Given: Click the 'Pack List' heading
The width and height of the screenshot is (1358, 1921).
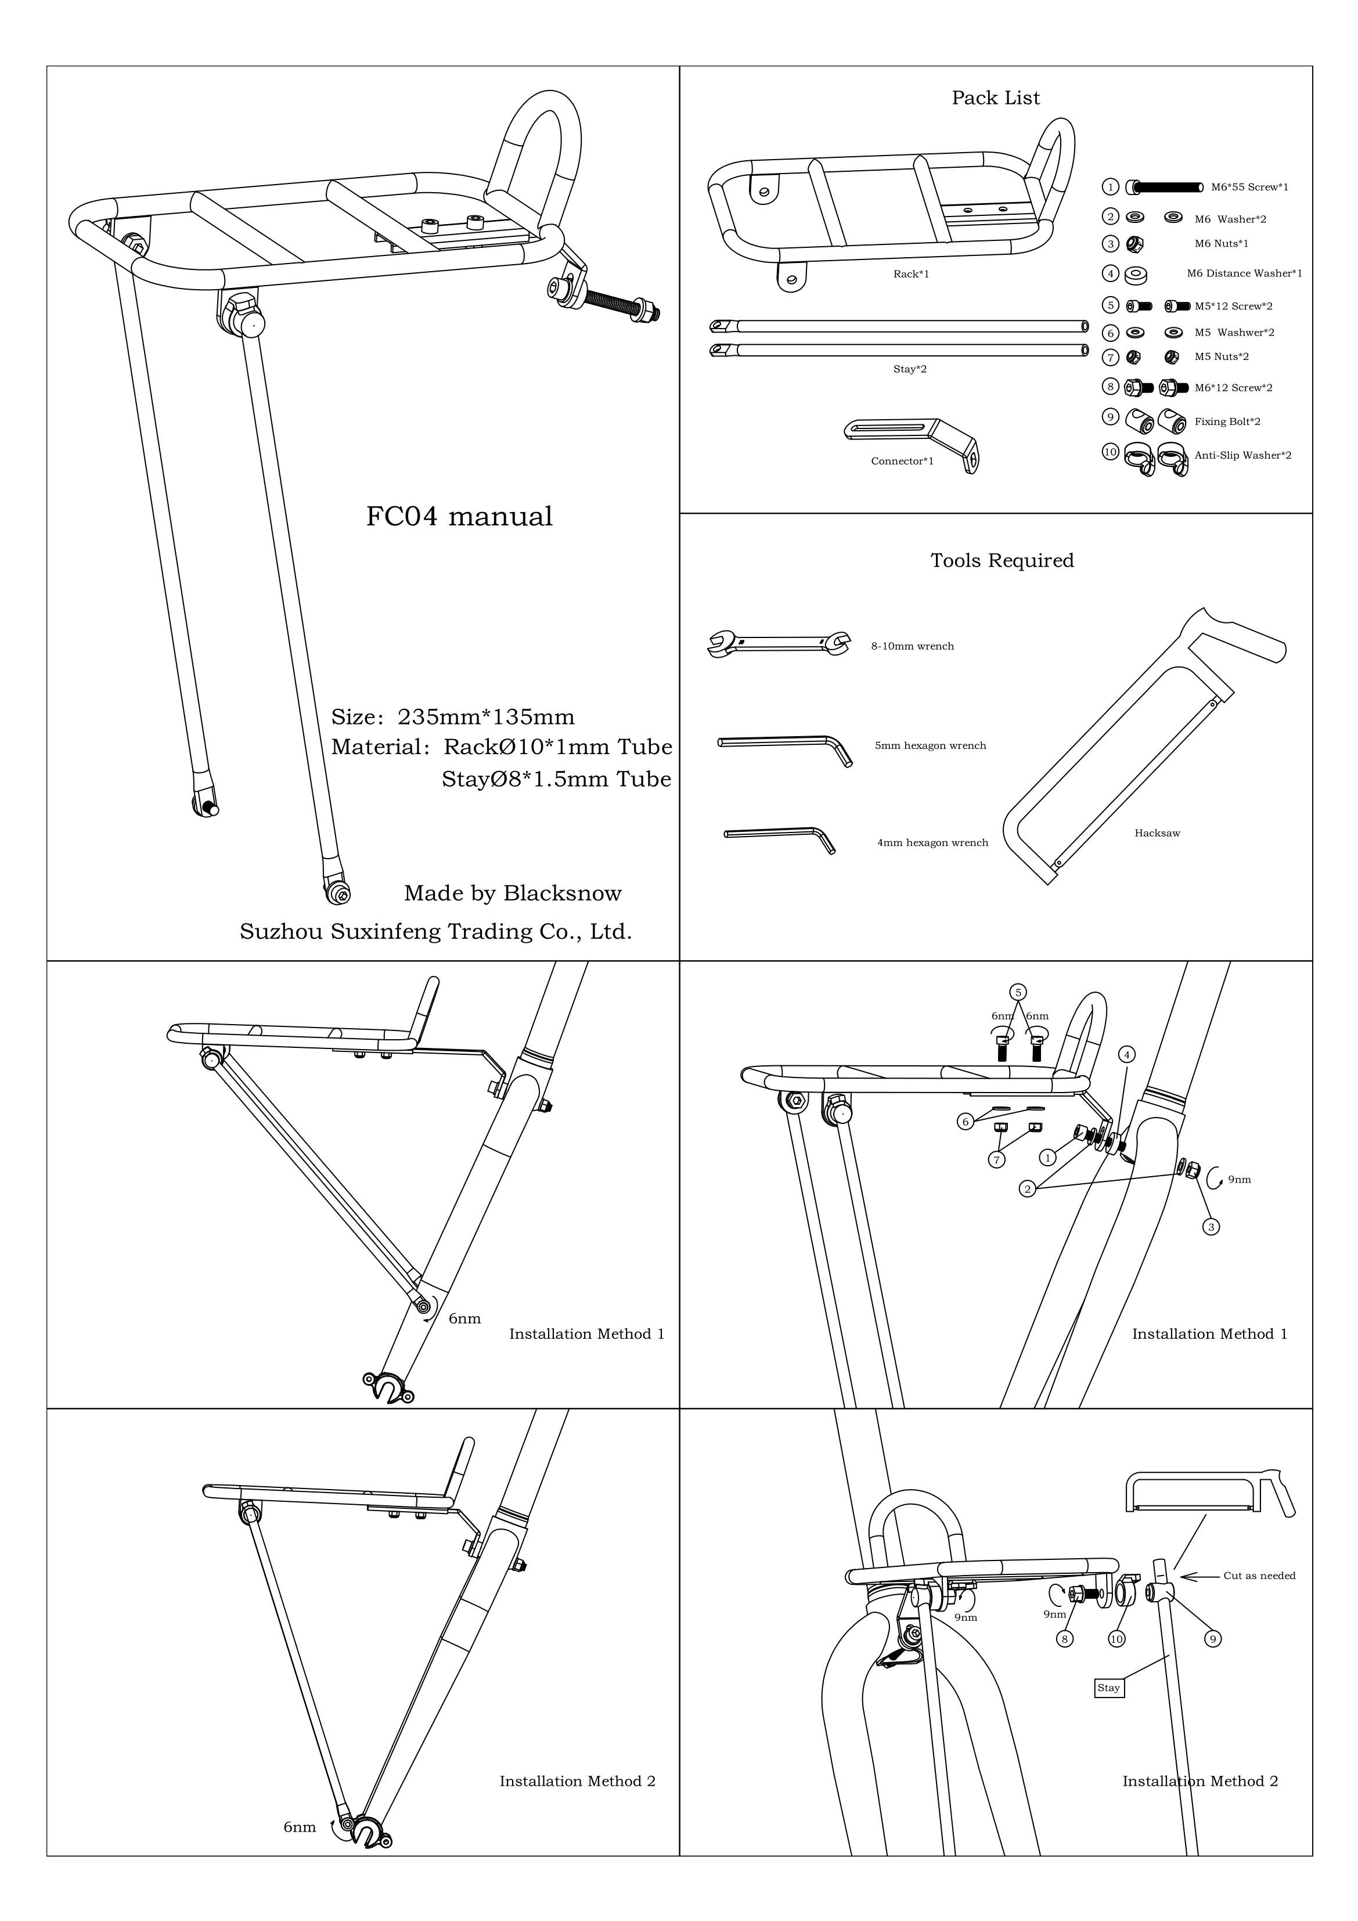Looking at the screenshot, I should [x=995, y=98].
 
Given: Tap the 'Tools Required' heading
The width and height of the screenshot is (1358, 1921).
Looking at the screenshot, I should [x=1002, y=561].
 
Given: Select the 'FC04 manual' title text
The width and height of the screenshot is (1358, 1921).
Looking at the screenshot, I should [x=459, y=516].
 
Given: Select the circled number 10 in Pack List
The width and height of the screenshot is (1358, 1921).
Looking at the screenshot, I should [x=1110, y=452].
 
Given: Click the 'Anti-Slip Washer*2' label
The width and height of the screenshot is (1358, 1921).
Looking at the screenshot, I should [x=1242, y=456].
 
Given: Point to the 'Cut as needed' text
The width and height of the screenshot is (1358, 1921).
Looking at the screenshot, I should [x=1259, y=1576].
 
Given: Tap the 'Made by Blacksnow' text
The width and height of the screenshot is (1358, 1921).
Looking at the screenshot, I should [x=512, y=893].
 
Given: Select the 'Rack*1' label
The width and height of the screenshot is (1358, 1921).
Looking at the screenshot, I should [x=911, y=275].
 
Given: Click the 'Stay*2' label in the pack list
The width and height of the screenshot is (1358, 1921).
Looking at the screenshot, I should [x=910, y=370].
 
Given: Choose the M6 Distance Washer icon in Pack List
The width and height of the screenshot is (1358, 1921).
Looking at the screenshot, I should [x=1136, y=273].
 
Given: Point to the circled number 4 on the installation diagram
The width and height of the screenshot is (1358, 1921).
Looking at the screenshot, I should [x=1127, y=1055].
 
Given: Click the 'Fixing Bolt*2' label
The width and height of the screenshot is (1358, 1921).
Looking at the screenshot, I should [x=1227, y=421].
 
